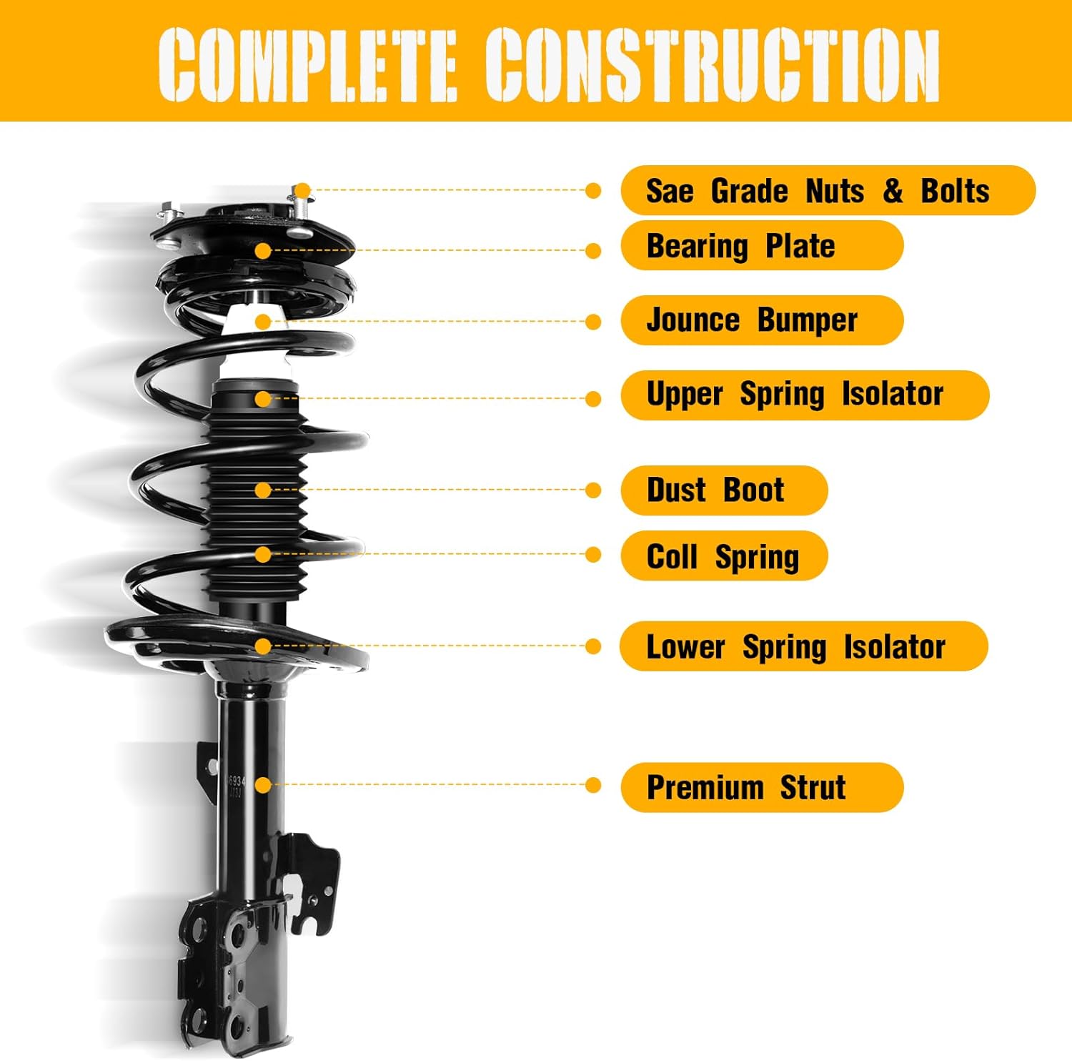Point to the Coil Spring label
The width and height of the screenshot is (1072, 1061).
point(723,556)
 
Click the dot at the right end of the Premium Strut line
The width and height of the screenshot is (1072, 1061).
point(592,786)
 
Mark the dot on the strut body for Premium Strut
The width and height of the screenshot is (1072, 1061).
point(263,786)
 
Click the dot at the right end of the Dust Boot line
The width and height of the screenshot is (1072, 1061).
point(592,490)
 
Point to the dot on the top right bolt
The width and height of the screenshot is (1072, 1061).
point(302,191)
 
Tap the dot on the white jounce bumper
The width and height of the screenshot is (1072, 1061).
point(263,321)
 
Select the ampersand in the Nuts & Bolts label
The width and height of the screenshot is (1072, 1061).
point(893,191)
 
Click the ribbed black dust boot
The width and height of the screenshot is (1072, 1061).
point(257,515)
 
